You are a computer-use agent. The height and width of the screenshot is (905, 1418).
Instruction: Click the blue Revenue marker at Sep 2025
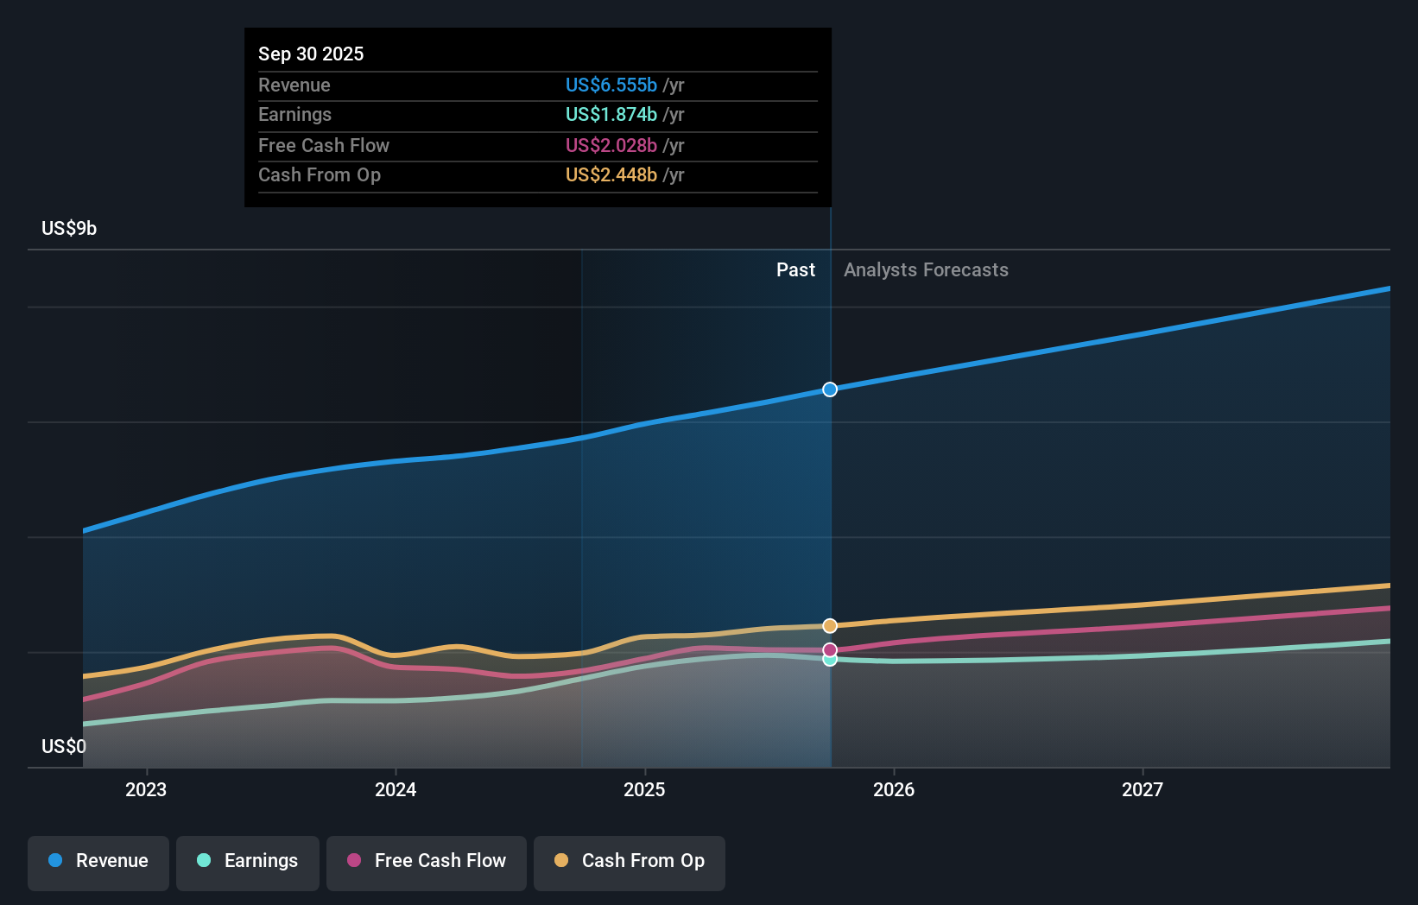[x=830, y=389]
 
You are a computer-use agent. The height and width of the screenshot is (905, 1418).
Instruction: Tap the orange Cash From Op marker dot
[x=830, y=625]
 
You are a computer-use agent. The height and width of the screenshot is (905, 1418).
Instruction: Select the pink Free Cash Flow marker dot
[x=830, y=649]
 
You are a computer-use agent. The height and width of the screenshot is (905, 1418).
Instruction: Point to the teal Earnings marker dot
[x=830, y=660]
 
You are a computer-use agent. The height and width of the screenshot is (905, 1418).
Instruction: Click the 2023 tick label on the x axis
[x=146, y=789]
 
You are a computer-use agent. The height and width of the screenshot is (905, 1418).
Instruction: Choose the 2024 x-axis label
[x=396, y=789]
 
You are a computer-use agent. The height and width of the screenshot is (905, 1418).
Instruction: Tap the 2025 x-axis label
[x=644, y=789]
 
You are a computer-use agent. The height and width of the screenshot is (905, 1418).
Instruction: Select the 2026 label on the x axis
[x=894, y=789]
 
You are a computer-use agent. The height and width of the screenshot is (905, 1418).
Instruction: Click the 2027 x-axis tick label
[x=1143, y=789]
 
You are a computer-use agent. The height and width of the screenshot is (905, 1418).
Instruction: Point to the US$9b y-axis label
[x=69, y=228]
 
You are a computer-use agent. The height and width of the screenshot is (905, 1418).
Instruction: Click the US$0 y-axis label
[x=64, y=746]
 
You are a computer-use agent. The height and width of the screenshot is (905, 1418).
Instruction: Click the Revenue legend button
[x=98, y=861]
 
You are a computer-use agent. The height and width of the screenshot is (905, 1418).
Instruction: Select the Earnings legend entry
[x=248, y=861]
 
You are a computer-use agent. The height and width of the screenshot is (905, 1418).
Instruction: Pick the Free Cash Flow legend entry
[x=427, y=861]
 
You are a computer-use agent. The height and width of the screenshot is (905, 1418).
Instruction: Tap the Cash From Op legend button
[x=630, y=861]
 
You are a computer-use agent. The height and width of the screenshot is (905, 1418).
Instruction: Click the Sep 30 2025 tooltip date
[x=311, y=54]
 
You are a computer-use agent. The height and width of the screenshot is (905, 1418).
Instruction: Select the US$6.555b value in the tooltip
[x=611, y=85]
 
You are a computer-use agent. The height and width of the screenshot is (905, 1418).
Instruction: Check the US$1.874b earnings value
[x=611, y=114]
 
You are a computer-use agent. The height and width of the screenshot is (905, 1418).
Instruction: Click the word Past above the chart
[x=795, y=269]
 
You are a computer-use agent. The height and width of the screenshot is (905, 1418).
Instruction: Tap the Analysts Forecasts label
[x=926, y=269]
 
